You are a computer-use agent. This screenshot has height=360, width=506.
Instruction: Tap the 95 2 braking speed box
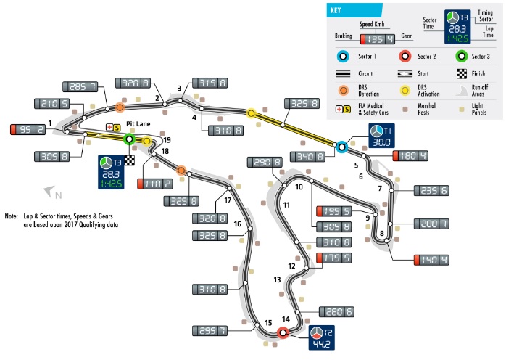pos(28,129)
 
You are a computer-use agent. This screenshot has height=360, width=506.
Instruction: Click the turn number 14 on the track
pos(286,319)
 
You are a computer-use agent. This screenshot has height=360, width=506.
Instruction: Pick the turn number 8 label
pos(381,233)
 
